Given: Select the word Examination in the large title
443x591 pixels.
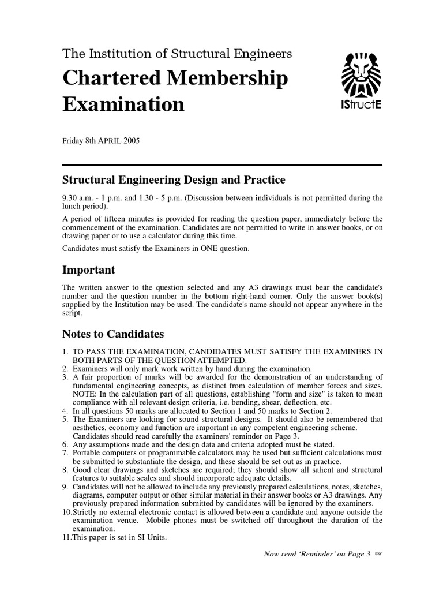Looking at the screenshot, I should [123, 105].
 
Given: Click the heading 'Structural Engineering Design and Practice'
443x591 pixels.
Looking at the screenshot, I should [174, 181].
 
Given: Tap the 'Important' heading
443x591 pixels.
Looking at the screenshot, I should [88, 270].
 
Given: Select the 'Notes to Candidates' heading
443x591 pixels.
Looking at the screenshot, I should [113, 334].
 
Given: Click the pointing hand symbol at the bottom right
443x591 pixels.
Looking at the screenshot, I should [378, 553].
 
